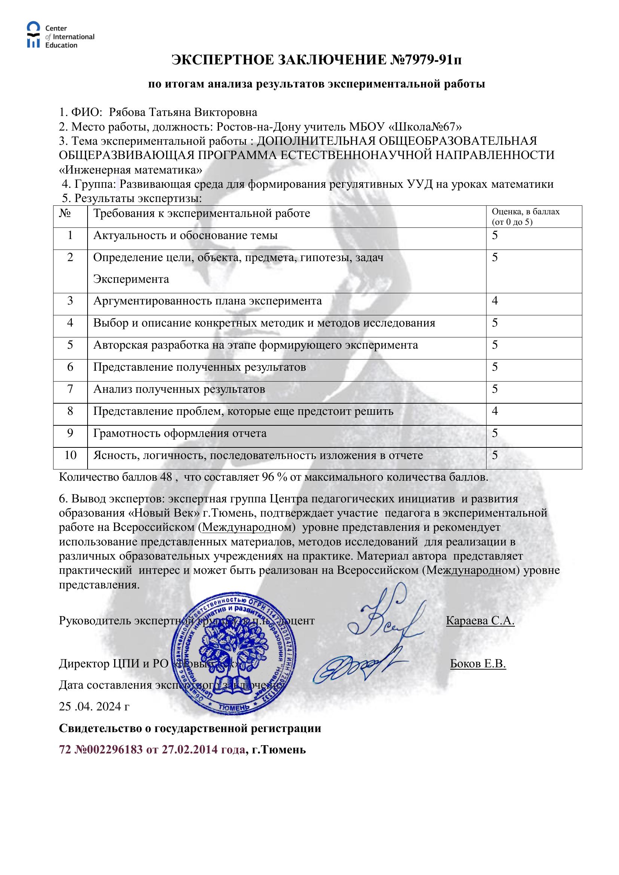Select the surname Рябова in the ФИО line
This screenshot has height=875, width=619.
[127, 113]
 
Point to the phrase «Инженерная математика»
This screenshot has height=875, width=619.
[131, 169]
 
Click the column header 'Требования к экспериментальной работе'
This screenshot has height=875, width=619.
[202, 213]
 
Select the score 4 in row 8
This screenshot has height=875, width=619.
[495, 411]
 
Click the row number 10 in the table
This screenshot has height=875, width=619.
[70, 455]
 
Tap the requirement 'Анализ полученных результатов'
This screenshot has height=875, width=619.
[179, 389]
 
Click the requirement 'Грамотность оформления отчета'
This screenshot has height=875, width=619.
[180, 433]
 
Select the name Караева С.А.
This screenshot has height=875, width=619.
[480, 621]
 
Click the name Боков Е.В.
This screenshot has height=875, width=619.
[478, 664]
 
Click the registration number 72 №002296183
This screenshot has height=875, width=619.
[101, 750]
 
